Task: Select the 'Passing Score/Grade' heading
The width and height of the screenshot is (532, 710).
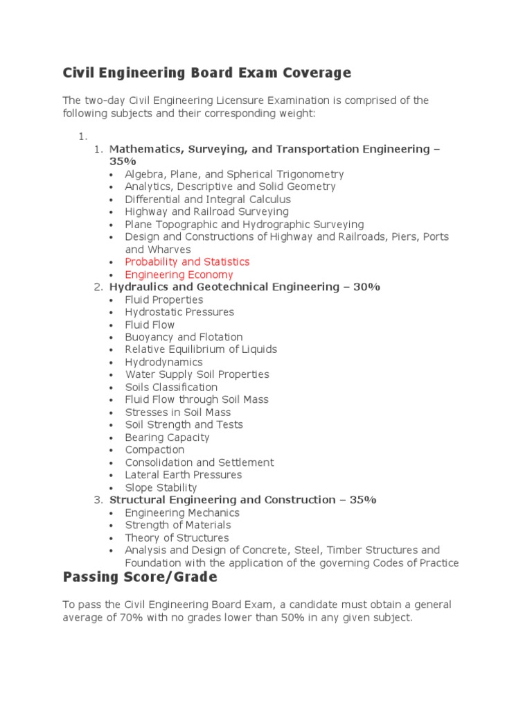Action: [x=140, y=577]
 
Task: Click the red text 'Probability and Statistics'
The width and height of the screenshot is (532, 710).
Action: [x=187, y=262]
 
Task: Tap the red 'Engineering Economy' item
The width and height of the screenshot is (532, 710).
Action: [x=179, y=275]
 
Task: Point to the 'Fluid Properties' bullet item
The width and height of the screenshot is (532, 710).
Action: [x=164, y=300]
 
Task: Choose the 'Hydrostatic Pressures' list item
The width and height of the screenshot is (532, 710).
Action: [x=179, y=312]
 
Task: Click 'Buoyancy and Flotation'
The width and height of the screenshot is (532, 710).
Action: [x=184, y=337]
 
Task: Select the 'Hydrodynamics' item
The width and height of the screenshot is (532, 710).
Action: [x=163, y=362]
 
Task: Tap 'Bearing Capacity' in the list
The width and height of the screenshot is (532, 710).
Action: [x=167, y=438]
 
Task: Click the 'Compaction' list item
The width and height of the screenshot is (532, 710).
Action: [x=154, y=450]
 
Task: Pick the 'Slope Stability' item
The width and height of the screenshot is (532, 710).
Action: [x=161, y=487]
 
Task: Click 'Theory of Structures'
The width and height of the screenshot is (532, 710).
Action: [x=177, y=538]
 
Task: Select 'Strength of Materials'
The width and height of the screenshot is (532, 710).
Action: [x=178, y=526]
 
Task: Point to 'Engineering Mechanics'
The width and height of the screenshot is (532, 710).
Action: [x=182, y=513]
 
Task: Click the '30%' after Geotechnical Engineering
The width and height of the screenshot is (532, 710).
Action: [x=366, y=287]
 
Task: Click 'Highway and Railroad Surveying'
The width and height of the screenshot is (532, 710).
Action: [x=206, y=211]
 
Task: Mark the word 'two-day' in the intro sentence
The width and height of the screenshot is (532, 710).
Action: [x=105, y=101]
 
